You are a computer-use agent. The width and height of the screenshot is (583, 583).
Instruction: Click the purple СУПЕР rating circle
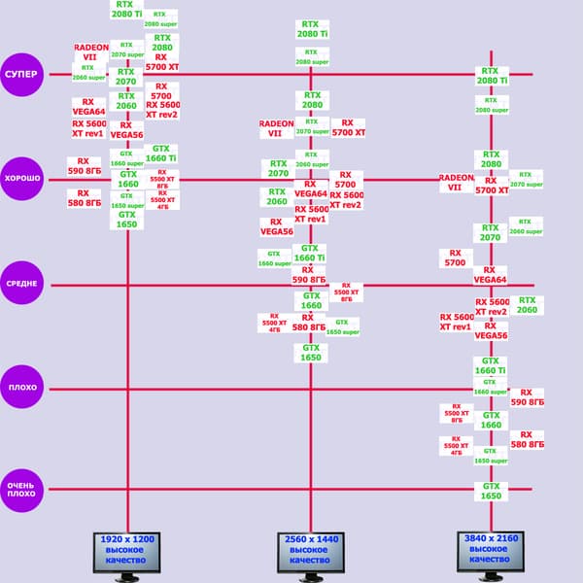point(21,75)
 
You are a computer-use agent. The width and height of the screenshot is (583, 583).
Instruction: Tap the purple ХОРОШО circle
point(21,179)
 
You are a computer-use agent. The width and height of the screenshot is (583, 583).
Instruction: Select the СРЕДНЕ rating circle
point(21,284)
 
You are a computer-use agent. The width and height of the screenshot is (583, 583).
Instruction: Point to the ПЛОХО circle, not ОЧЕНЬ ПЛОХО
point(21,388)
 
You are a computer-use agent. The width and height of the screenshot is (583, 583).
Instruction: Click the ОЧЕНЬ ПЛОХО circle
point(21,489)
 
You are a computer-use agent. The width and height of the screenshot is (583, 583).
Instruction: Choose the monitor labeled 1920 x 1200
point(127,554)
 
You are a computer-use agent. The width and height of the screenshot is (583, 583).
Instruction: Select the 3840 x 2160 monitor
point(491,555)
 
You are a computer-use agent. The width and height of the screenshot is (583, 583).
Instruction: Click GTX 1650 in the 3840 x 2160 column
point(491,492)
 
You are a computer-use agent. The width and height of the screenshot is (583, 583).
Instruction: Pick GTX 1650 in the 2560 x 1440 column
point(310,352)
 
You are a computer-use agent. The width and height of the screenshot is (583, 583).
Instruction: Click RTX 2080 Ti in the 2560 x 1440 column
point(310,29)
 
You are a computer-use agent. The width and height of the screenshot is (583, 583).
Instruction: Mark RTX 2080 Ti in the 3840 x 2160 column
point(491,76)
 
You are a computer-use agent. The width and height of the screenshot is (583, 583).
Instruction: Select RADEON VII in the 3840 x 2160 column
point(457,184)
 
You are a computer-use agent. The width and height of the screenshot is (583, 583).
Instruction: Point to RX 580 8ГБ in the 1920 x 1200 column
point(85,199)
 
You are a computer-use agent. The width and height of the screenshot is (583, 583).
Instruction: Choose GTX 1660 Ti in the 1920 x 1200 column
point(160,153)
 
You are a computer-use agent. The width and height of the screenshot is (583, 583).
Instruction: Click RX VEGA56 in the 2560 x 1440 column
point(277,227)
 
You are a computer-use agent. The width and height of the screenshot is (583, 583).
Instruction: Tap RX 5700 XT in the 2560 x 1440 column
point(348,127)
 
